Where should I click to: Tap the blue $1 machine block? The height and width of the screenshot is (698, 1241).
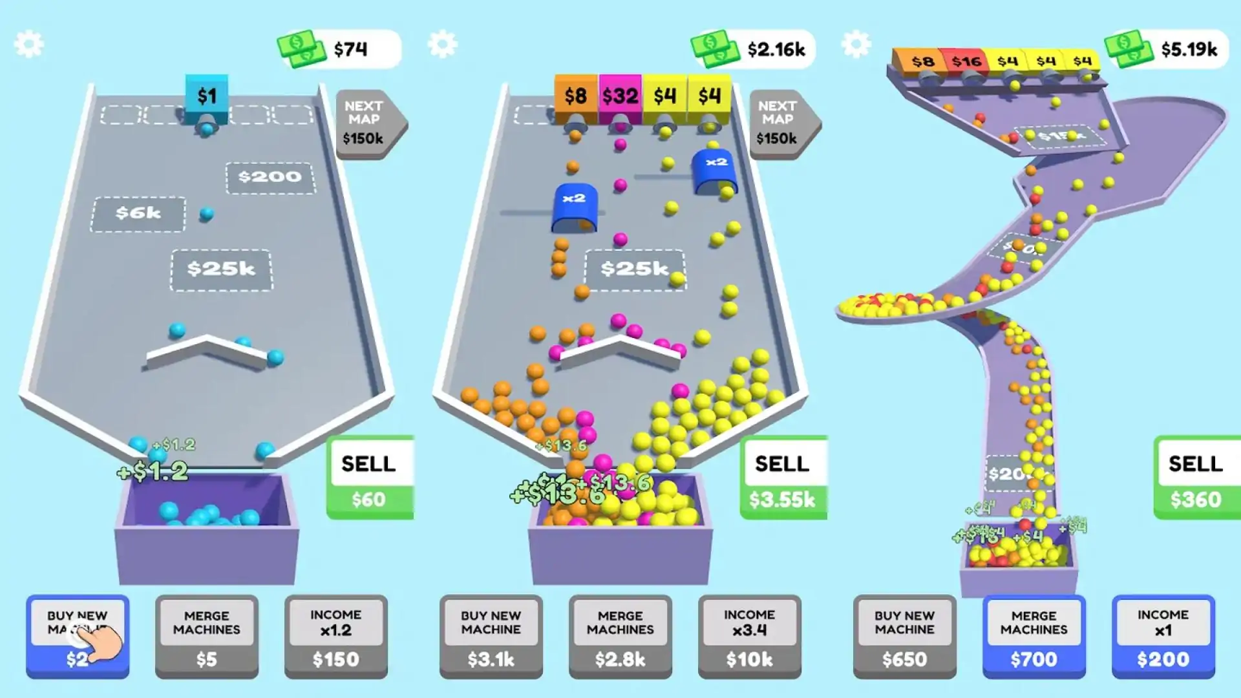tap(207, 96)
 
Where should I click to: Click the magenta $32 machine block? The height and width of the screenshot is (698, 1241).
tap(620, 96)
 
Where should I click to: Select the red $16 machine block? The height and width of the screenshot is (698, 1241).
tap(966, 61)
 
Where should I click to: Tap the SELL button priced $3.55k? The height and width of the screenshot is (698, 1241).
tap(783, 478)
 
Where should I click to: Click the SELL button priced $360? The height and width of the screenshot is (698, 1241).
tap(1196, 478)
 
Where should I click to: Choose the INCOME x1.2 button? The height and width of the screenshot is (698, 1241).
tap(335, 637)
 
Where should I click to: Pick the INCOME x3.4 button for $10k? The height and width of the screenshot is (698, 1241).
tap(749, 637)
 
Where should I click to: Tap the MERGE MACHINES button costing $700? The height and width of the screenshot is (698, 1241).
tap(1034, 637)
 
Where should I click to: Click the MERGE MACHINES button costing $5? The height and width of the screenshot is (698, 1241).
tap(206, 637)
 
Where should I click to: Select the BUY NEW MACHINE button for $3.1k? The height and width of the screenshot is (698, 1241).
tap(491, 637)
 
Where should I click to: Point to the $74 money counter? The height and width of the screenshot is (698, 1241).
tap(339, 49)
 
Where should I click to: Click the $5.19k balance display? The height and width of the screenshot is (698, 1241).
tap(1167, 49)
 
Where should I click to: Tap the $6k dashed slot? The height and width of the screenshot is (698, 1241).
tap(138, 214)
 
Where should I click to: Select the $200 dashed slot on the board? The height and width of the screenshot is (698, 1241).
tap(270, 177)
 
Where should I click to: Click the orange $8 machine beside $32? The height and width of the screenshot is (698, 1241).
tap(575, 96)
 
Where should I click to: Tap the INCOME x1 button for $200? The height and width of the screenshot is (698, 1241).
tap(1163, 637)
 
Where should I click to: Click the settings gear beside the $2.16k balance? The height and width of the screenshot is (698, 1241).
tap(443, 45)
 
